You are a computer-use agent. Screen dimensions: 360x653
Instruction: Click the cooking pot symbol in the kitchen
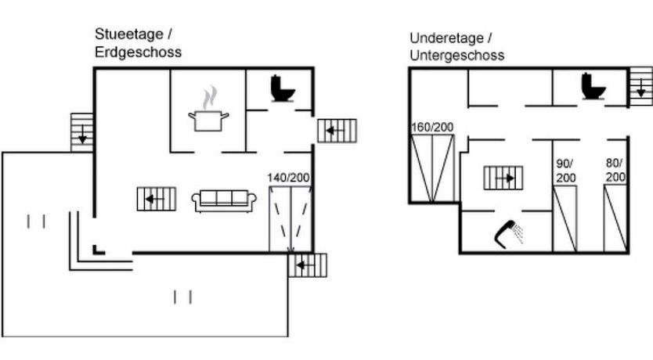[208, 116]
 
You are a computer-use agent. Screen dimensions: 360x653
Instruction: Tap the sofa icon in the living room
[225, 200]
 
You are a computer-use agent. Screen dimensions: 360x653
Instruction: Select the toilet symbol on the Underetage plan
[594, 86]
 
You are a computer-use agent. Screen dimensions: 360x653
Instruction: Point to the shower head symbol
[510, 232]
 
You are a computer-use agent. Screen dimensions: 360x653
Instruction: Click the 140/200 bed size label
[289, 178]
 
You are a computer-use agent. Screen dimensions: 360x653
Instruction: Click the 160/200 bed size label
[432, 128]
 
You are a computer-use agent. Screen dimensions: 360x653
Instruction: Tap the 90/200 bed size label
[565, 171]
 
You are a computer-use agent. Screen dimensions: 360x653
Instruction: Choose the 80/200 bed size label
[616, 171]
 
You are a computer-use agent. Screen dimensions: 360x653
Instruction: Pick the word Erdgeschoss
[139, 52]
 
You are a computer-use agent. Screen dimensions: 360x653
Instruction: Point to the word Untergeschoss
[456, 56]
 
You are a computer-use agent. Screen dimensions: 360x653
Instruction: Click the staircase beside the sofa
[157, 198]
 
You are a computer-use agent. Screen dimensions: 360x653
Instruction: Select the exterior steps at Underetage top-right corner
[640, 85]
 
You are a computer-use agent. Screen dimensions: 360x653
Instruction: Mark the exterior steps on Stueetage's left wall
[82, 131]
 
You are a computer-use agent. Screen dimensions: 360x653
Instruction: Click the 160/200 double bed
[432, 169]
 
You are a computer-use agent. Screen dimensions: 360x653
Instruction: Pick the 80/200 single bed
[616, 218]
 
